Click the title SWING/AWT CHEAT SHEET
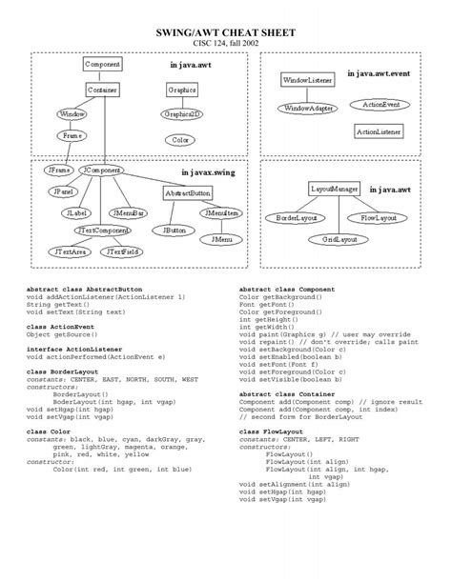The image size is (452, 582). [225, 31]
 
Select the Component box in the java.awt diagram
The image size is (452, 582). [102, 64]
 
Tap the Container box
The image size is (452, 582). [102, 90]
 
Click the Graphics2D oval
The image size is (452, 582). [181, 113]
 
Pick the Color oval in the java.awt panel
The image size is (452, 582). [179, 139]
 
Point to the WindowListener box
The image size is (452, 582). [307, 81]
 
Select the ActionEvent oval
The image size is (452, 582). [381, 103]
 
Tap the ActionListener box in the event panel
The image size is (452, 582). [379, 130]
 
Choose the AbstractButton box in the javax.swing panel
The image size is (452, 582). [187, 192]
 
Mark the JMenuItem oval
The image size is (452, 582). [220, 213]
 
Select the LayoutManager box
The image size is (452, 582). [334, 190]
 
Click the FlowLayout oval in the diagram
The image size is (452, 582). [379, 218]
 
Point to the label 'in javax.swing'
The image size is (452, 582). [207, 172]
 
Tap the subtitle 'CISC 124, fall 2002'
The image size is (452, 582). [225, 43]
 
